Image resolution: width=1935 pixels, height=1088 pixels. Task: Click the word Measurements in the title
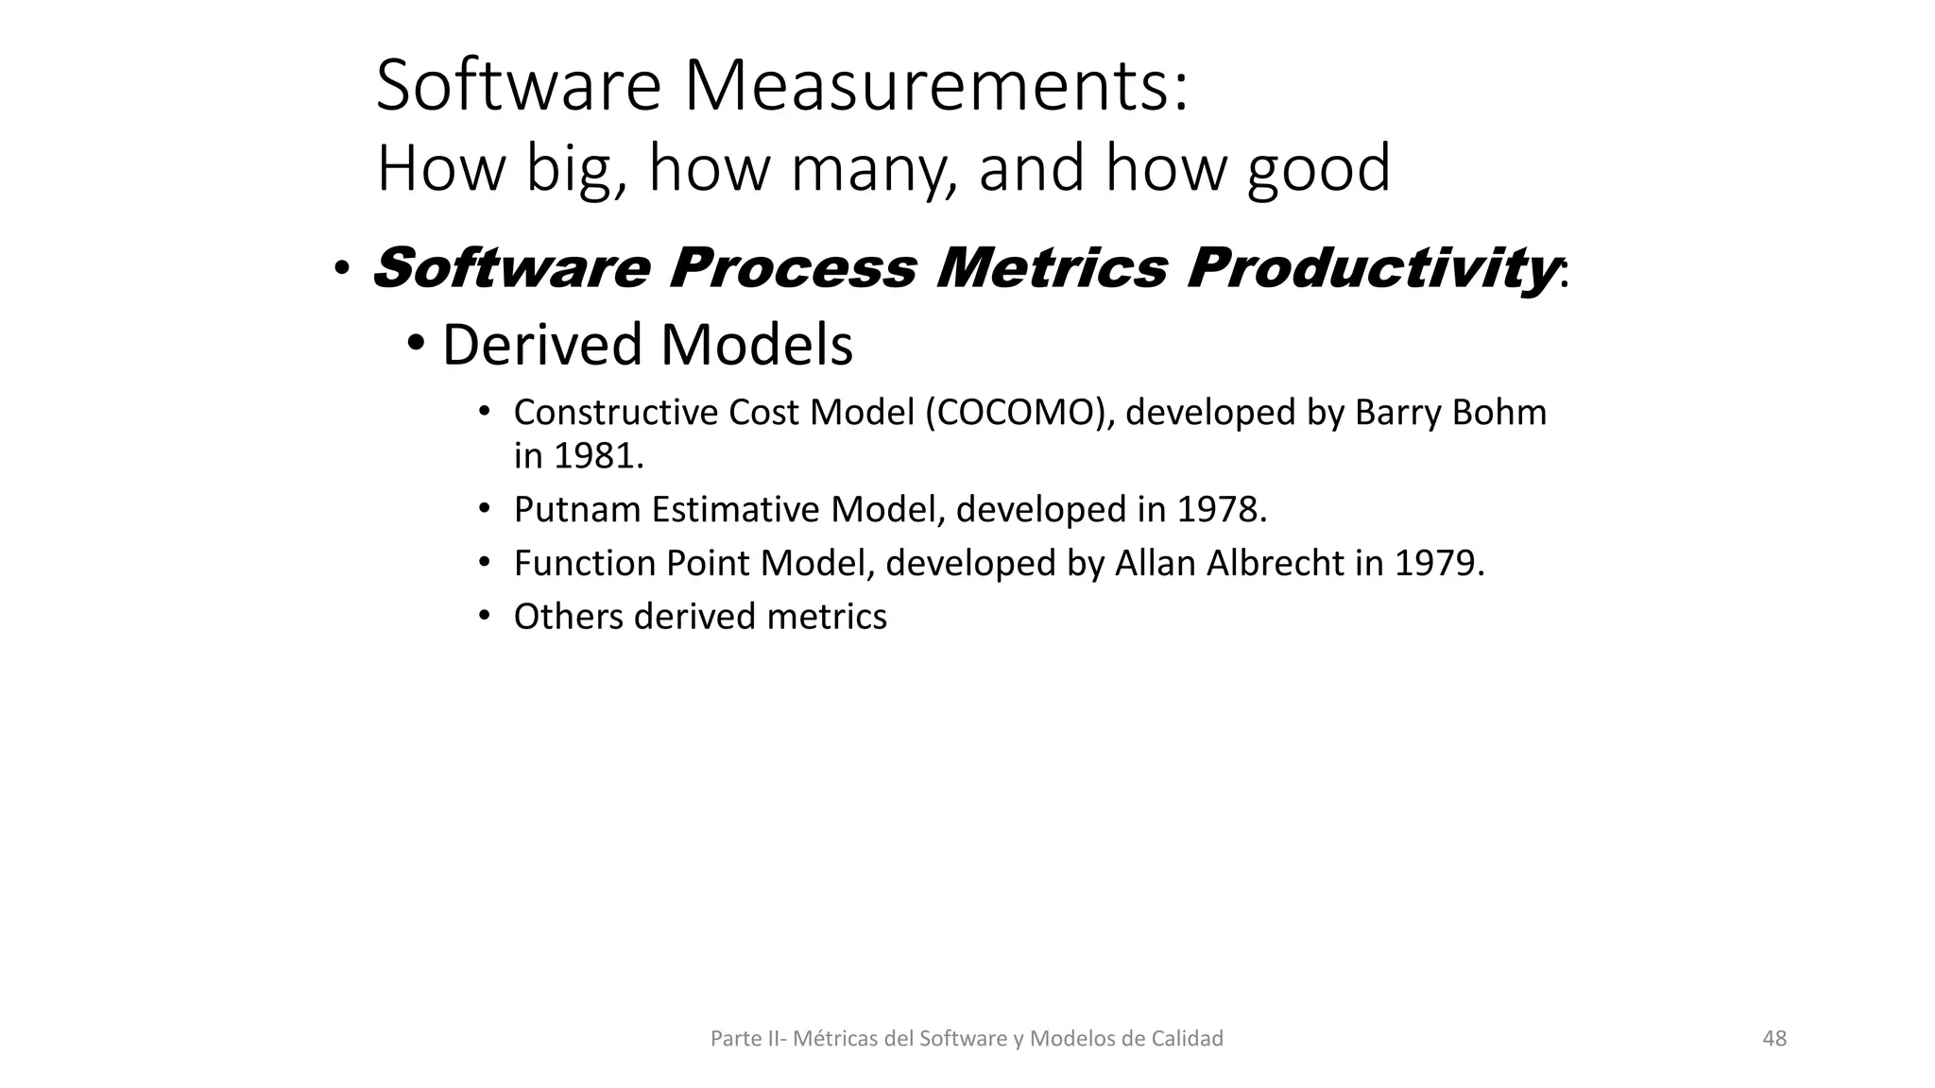click(935, 86)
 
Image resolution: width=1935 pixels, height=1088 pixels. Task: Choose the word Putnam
click(576, 510)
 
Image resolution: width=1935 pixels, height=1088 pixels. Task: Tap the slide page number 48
click(1774, 1039)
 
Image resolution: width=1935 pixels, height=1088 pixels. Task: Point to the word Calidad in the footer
click(1187, 1039)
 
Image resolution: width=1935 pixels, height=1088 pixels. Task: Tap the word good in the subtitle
click(1318, 168)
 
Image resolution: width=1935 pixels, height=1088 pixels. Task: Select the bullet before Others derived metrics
click(485, 617)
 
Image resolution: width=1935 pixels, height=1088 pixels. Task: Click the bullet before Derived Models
click(416, 343)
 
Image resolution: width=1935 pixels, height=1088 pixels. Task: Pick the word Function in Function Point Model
click(585, 564)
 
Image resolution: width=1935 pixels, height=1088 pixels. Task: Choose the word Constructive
click(615, 413)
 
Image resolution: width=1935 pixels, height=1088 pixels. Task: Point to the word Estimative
click(735, 510)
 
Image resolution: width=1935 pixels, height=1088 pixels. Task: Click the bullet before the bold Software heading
click(341, 270)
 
